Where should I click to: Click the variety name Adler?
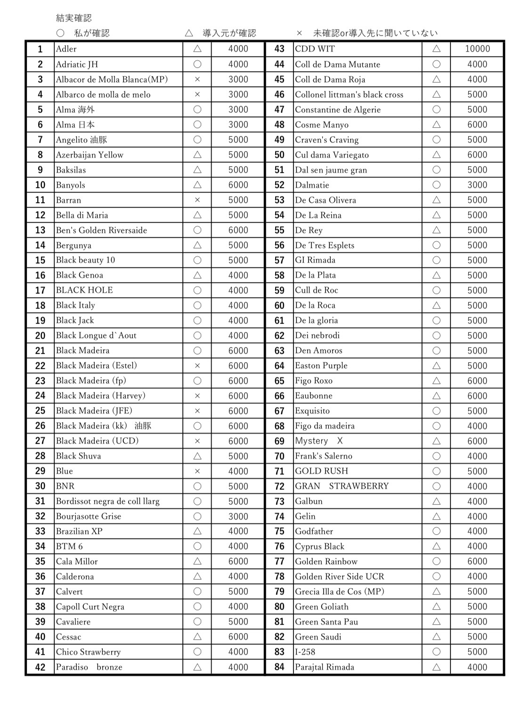click(66, 49)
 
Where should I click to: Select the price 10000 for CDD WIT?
click(477, 49)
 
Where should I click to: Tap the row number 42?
click(40, 667)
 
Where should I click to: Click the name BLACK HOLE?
click(84, 290)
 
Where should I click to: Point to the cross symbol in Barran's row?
click(197, 200)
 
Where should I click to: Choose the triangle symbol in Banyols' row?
click(197, 185)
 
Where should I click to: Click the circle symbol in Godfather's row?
click(436, 531)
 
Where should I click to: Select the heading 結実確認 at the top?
click(74, 18)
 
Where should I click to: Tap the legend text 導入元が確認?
click(229, 33)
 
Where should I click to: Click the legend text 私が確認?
click(92, 33)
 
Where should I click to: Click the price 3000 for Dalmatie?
click(477, 185)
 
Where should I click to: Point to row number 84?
click(279, 667)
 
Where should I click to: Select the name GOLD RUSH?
click(322, 471)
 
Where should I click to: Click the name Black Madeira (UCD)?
click(98, 441)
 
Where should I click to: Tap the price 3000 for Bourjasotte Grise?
click(238, 516)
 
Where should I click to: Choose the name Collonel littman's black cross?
click(349, 95)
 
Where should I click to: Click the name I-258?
click(305, 652)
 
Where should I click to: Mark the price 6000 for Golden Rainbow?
click(477, 562)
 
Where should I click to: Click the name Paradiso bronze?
click(89, 667)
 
